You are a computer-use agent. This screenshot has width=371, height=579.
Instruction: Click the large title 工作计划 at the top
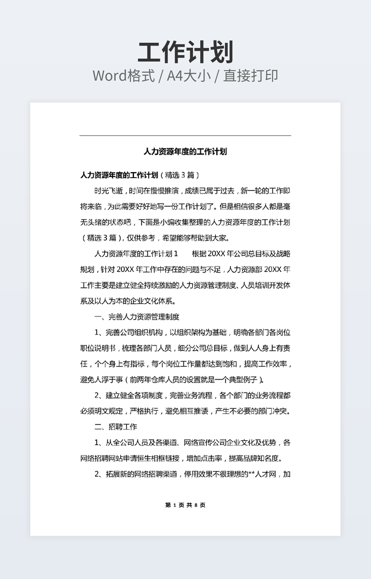click(185, 52)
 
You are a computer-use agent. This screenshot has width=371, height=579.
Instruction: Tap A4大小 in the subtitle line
click(189, 76)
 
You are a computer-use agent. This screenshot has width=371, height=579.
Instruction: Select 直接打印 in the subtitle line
click(250, 76)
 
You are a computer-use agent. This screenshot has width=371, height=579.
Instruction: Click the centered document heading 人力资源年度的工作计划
click(185, 151)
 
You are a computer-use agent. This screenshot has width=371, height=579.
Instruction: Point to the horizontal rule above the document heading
click(185, 135)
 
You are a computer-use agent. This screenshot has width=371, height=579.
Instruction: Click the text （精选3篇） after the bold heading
click(179, 175)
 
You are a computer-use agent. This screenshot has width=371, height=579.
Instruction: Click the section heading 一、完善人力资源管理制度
click(137, 317)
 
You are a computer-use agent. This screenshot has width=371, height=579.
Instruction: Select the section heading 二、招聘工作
click(115, 427)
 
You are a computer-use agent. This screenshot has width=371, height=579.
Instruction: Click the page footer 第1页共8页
click(185, 505)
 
